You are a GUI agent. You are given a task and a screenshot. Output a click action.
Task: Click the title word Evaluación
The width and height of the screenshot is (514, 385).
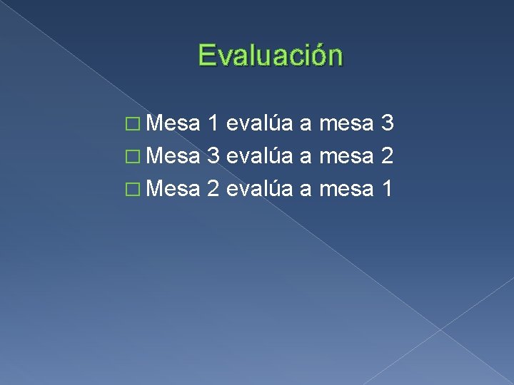(271, 56)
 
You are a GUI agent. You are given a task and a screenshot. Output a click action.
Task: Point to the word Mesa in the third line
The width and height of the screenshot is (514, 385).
(171, 190)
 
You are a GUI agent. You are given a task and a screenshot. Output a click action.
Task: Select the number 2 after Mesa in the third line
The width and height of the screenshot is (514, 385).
(213, 190)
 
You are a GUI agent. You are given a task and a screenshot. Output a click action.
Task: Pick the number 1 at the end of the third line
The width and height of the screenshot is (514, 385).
(388, 190)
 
